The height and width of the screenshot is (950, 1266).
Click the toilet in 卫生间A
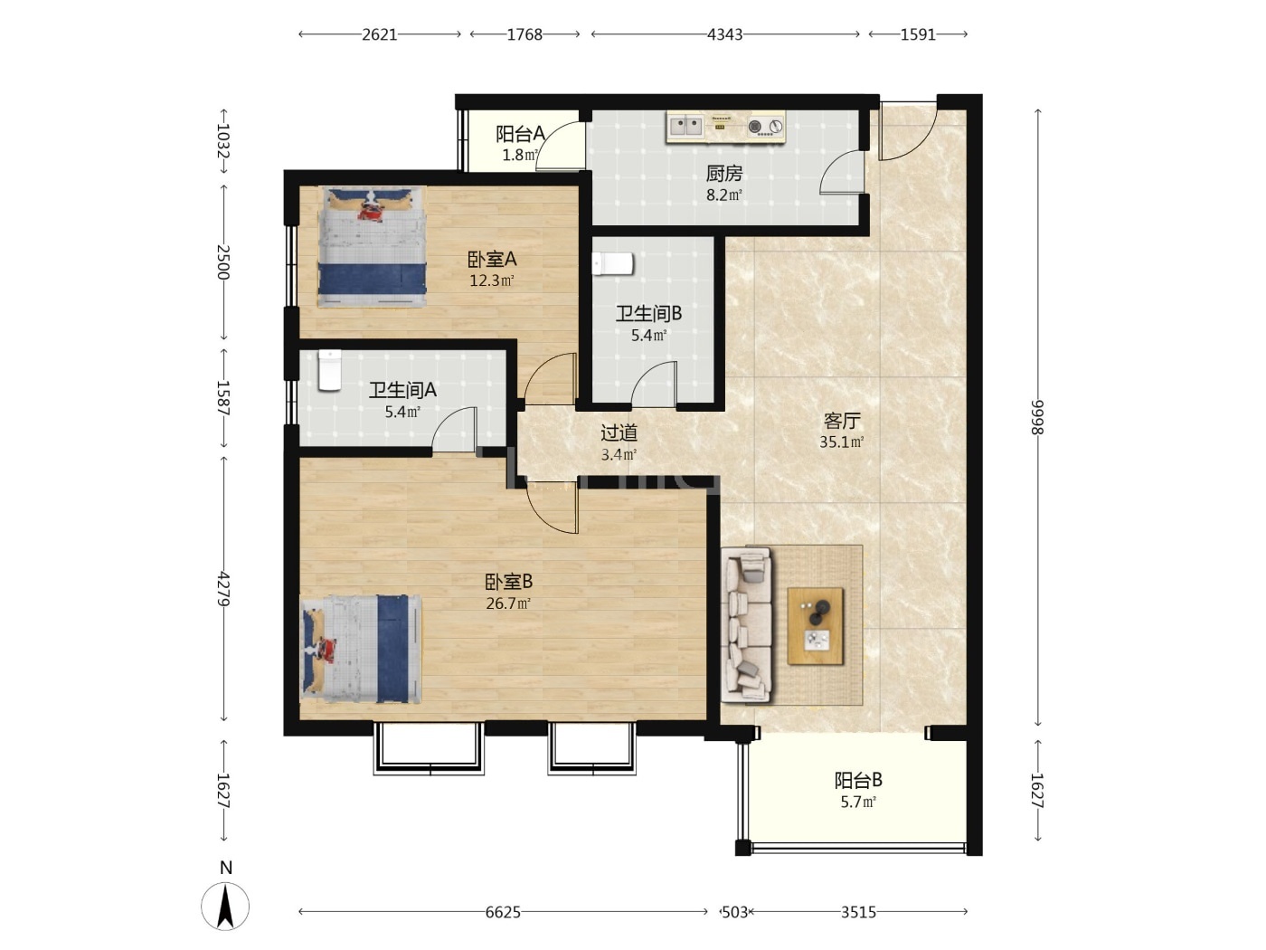tap(329, 370)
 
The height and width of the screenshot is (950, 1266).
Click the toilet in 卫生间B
tap(612, 264)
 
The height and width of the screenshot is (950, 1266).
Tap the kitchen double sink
tap(685, 126)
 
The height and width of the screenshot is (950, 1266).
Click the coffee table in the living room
tap(815, 626)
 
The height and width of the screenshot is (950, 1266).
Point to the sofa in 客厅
tap(746, 624)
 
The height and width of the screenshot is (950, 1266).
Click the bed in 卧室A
tap(372, 246)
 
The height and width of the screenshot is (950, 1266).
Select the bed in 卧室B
tap(361, 649)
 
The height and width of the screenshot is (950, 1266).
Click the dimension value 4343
tap(724, 34)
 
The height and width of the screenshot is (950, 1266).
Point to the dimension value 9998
tap(1037, 417)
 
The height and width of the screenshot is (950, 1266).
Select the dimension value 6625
tap(503, 912)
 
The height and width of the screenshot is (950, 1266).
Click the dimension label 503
tap(735, 912)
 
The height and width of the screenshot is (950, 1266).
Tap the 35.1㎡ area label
tap(842, 442)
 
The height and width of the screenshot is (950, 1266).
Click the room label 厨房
tap(723, 173)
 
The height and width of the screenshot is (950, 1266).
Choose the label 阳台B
tap(858, 781)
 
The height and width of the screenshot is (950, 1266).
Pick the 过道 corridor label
tap(619, 432)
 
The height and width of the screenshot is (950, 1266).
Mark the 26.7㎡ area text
tap(508, 603)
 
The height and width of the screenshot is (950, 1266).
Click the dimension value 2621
tap(380, 34)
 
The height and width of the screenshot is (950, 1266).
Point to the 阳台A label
tap(520, 134)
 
